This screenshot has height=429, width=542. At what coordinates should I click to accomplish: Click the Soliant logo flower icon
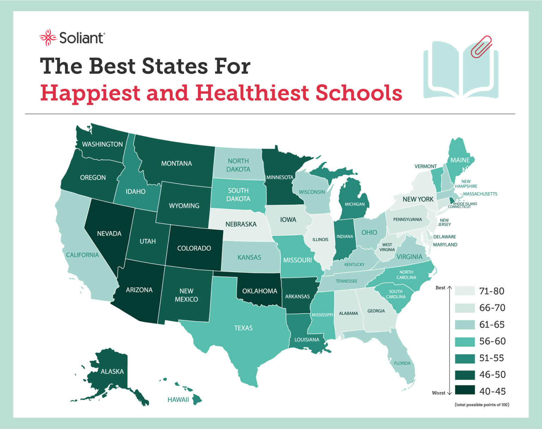pyautogui.click(x=48, y=37)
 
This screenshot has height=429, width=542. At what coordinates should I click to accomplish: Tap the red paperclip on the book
pyautogui.click(x=481, y=46)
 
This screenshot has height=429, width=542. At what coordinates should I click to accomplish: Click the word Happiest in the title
pyautogui.click(x=90, y=93)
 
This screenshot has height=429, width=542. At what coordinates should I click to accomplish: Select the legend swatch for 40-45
pyautogui.click(x=465, y=390)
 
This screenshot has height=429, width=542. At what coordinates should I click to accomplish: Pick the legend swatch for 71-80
pyautogui.click(x=465, y=291)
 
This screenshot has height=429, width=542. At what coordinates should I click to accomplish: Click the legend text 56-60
pyautogui.click(x=492, y=341)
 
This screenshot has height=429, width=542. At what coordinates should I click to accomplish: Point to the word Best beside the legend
pyautogui.click(x=440, y=288)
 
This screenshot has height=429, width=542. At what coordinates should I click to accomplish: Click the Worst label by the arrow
pyautogui.click(x=438, y=393)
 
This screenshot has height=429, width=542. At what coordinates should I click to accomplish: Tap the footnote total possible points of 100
pyautogui.click(x=482, y=405)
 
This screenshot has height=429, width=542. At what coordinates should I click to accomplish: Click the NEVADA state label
pyautogui.click(x=109, y=234)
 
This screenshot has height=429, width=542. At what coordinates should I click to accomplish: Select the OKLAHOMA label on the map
pyautogui.click(x=259, y=291)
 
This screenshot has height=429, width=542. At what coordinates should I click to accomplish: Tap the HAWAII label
pyautogui.click(x=178, y=400)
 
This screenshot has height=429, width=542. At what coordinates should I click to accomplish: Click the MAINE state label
pyautogui.click(x=460, y=160)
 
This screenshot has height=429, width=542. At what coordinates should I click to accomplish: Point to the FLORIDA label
pyautogui.click(x=402, y=363)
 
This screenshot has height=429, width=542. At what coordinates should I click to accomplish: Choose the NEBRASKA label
pyautogui.click(x=241, y=224)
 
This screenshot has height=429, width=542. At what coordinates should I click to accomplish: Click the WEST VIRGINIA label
pyautogui.click(x=387, y=247)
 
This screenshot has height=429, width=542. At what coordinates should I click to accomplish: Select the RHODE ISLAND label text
pyautogui.click(x=465, y=204)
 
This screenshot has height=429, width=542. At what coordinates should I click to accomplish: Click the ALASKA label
pyautogui.click(x=112, y=371)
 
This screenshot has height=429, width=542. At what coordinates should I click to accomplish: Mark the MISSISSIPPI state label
pyautogui.click(x=322, y=315)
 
